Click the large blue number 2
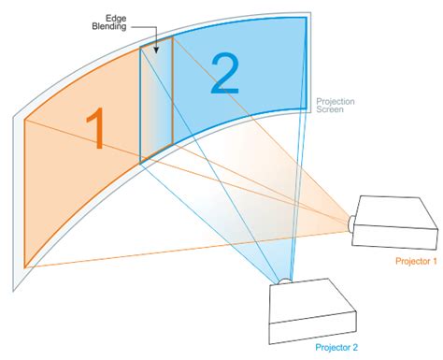(224, 74)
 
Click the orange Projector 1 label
(414, 261)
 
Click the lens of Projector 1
(350, 223)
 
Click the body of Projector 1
(393, 223)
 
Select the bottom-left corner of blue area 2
(141, 165)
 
